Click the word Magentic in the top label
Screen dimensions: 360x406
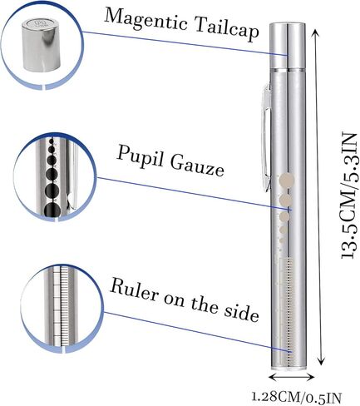[146, 20]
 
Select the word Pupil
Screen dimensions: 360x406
[139, 156]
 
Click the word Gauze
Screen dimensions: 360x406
[197, 166]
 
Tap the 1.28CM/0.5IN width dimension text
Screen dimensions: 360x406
[296, 397]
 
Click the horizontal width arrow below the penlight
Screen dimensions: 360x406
[292, 377]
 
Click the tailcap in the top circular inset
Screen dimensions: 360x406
[42, 45]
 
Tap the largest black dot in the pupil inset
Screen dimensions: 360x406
[52, 210]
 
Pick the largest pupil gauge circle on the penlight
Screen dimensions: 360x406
[287, 180]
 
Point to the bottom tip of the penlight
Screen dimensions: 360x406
[288, 369]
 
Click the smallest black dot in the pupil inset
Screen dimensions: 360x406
[52, 141]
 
